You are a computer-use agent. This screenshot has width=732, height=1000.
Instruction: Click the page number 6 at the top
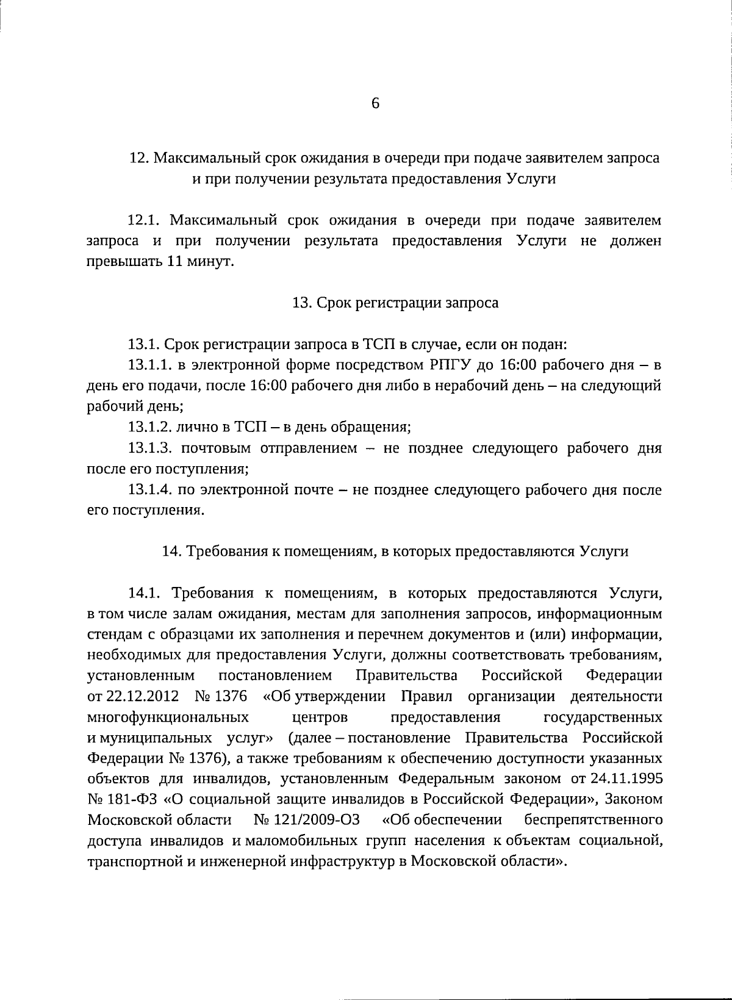click(x=375, y=103)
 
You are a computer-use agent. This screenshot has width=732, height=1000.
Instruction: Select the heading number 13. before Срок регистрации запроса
click(x=303, y=303)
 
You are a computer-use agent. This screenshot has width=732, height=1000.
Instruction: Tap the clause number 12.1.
click(x=144, y=220)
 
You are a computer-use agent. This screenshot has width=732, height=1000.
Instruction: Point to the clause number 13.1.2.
click(x=150, y=427)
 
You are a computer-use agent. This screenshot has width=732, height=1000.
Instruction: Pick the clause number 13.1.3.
click(x=150, y=448)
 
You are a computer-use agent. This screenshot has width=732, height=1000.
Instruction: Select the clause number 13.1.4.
click(x=150, y=490)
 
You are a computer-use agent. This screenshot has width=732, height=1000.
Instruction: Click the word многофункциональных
click(x=168, y=717)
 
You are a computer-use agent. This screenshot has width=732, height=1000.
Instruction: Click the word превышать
click(x=124, y=262)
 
